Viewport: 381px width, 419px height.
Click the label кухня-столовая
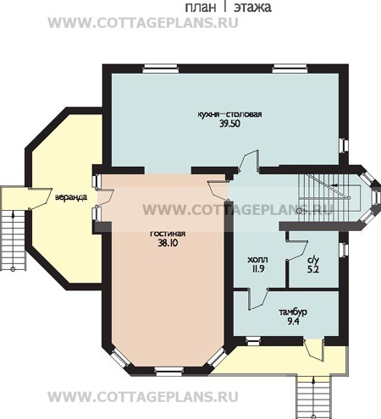229,114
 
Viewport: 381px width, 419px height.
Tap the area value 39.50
229,124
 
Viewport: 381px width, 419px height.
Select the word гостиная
168,234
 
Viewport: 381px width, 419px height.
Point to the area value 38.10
168,243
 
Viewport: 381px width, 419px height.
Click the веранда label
71,196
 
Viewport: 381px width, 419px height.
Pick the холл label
257,260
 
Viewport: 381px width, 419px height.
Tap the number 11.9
258,268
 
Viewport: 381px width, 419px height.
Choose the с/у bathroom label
312,260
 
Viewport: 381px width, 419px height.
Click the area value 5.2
313,269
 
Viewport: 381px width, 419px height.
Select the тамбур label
293,312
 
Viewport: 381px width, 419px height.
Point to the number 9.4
293,322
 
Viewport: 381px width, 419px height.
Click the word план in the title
201,7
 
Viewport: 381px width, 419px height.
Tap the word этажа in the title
252,7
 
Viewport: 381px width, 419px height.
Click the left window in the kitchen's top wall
160,69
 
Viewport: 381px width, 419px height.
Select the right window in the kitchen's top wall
290,69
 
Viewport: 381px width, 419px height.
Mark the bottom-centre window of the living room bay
169,371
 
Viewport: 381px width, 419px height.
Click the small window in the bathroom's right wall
343,250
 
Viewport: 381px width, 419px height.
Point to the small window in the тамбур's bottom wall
253,341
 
